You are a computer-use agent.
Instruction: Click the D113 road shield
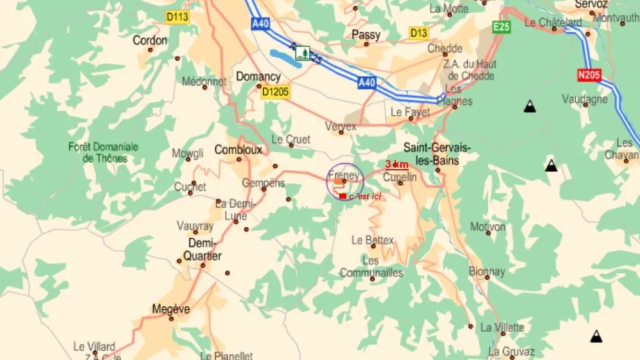(177, 17)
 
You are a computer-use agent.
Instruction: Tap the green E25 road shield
(501, 26)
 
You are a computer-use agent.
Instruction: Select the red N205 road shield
(589, 75)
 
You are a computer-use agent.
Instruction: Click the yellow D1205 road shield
(276, 92)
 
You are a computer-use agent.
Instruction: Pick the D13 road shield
(418, 33)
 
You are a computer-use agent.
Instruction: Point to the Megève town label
(171, 309)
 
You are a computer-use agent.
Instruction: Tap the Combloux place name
(238, 150)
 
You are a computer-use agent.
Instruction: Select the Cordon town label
(150, 40)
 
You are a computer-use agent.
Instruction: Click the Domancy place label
(258, 76)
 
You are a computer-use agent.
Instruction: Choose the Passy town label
(366, 35)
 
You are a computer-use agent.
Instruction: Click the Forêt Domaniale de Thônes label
(103, 152)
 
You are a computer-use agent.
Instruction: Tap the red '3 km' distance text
(396, 165)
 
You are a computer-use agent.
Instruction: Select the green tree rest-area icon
(303, 53)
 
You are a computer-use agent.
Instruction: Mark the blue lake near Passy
(283, 57)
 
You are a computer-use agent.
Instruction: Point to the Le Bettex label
(373, 240)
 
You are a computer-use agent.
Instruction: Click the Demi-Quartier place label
(204, 249)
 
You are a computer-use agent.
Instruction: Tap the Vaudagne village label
(585, 99)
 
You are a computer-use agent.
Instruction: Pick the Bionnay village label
(486, 272)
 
